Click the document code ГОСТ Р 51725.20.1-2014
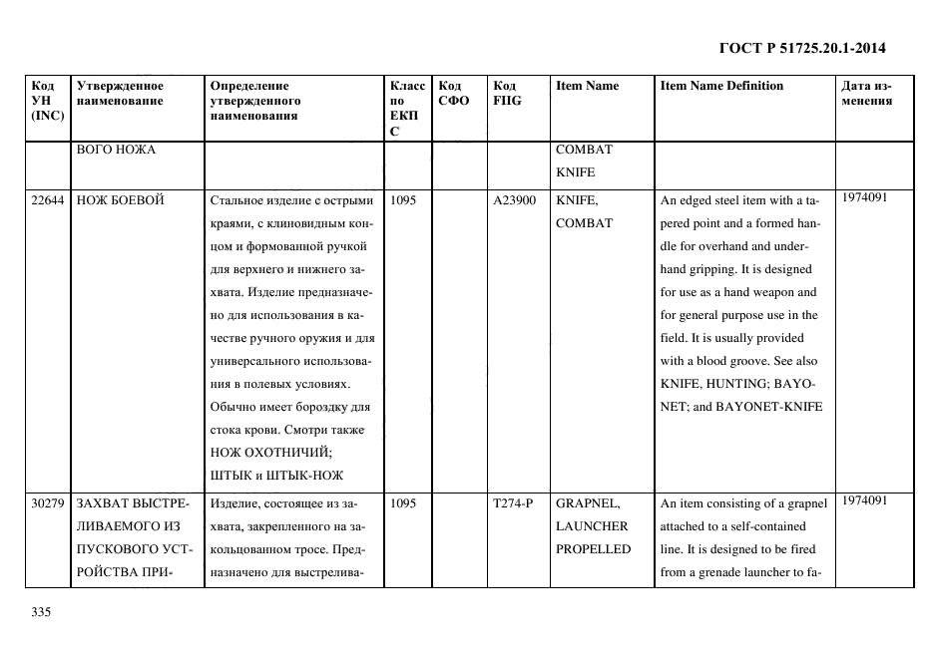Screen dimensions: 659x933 pyautogui.click(x=802, y=48)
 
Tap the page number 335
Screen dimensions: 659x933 pyautogui.click(x=41, y=612)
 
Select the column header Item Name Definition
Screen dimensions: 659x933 pyautogui.click(x=721, y=86)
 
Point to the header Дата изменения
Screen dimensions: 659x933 pyautogui.click(x=867, y=93)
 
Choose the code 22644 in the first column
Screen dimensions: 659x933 pyautogui.click(x=48, y=200)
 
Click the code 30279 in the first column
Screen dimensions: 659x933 pyautogui.click(x=48, y=503)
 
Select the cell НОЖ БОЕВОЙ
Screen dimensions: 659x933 pyautogui.click(x=120, y=200)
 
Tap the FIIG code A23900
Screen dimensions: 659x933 pyautogui.click(x=514, y=200)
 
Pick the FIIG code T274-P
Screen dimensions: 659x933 pyautogui.click(x=513, y=503)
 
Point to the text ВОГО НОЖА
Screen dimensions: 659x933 pyautogui.click(x=115, y=150)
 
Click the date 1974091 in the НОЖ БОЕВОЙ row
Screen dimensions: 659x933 pyautogui.click(x=864, y=197)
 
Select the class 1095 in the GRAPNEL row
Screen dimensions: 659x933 pyautogui.click(x=403, y=503)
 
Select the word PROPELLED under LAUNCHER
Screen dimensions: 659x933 pyautogui.click(x=593, y=549)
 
